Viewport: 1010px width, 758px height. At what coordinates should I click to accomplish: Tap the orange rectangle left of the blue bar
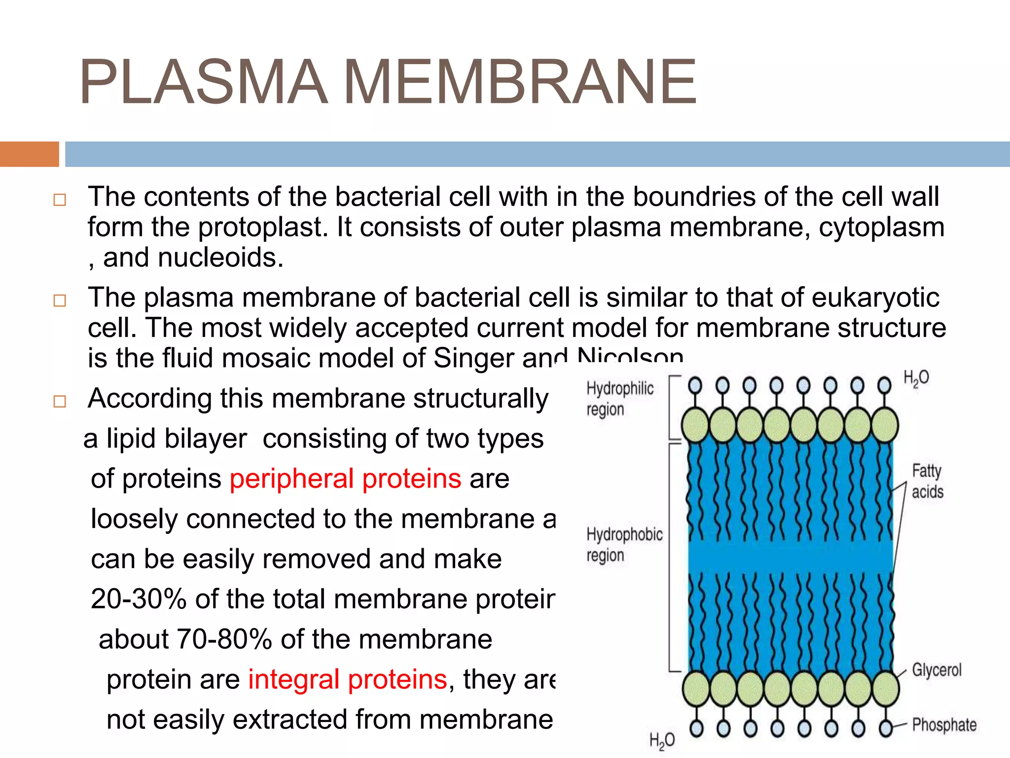[x=29, y=154]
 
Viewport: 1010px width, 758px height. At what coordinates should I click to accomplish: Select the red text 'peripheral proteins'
[x=345, y=479]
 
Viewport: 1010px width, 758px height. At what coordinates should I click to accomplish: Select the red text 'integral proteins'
[x=347, y=680]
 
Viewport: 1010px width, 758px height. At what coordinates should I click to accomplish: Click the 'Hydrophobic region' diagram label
[x=624, y=544]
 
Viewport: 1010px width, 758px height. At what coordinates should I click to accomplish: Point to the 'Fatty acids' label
[x=927, y=481]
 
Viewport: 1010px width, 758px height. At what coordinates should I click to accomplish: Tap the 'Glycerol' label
[x=936, y=670]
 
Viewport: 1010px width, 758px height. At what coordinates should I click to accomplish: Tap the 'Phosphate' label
[x=944, y=724]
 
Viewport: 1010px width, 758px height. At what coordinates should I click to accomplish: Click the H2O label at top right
[x=916, y=379]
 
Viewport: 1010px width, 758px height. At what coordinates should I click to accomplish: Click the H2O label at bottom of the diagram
[x=662, y=741]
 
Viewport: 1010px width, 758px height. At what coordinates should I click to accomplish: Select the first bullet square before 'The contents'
[x=60, y=200]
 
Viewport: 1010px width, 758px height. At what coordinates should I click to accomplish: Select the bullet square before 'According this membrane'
[x=60, y=401]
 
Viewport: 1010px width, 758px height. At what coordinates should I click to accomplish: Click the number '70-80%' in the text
[x=224, y=640]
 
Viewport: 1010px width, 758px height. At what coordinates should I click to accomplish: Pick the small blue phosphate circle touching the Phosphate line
[x=886, y=728]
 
